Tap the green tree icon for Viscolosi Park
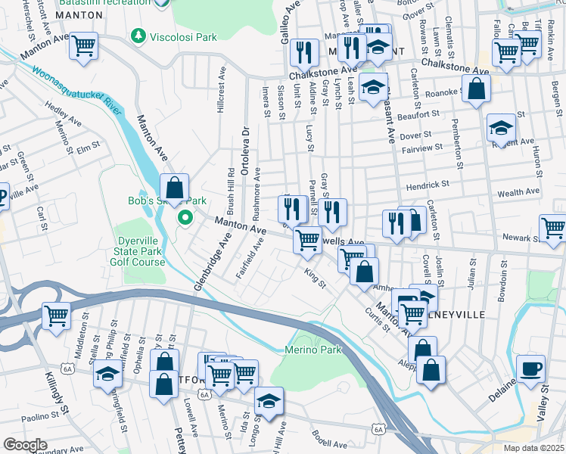click(138, 36)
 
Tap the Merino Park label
click(313, 350)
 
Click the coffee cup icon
click(530, 368)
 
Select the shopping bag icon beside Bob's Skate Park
click(175, 188)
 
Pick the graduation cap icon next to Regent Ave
click(501, 129)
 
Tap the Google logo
click(25, 444)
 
